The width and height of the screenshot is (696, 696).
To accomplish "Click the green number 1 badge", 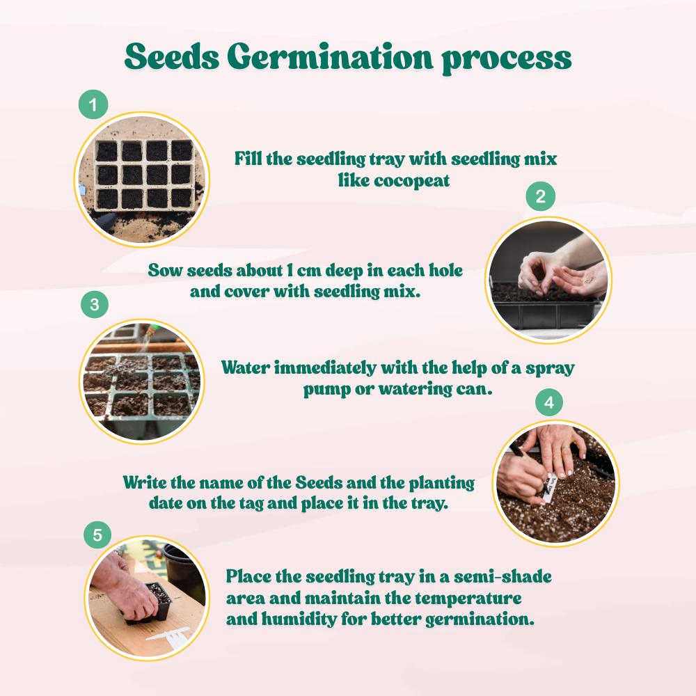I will tap(93, 106).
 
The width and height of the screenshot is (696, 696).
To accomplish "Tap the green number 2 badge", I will tap(541, 198).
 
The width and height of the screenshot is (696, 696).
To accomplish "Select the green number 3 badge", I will tap(94, 304).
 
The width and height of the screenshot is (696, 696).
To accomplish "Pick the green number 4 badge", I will tap(548, 403).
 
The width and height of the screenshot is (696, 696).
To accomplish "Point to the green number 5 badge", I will tap(97, 535).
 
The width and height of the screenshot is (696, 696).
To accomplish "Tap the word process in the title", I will tap(507, 59).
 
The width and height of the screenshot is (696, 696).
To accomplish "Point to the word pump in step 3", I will tap(326, 390).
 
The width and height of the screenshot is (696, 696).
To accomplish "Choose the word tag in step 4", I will tap(249, 502).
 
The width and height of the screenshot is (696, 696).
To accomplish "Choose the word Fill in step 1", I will tap(247, 159).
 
